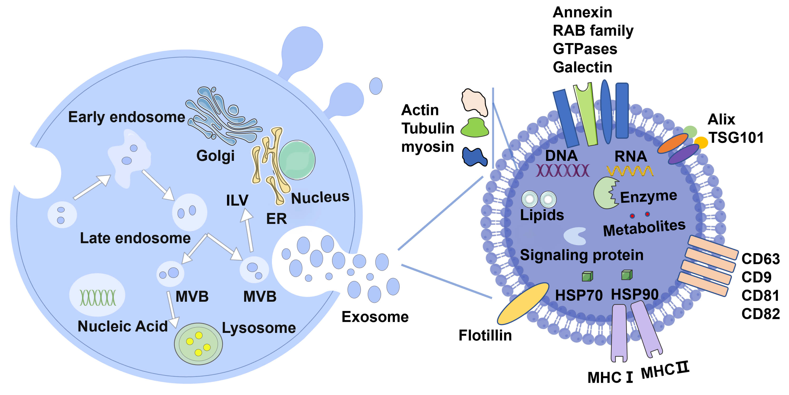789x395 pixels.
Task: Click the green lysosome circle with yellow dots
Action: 198,344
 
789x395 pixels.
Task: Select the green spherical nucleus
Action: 296,160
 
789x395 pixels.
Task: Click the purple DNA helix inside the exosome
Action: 562,171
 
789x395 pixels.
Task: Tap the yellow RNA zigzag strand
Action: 630,171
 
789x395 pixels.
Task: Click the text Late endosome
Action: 135,238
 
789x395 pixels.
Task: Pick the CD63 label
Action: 760,259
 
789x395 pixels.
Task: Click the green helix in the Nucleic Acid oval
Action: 98,297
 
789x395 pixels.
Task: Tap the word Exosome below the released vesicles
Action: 375,317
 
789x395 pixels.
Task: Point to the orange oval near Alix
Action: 673,143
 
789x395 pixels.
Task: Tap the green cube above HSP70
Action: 587,276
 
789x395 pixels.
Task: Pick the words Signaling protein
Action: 581,255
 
